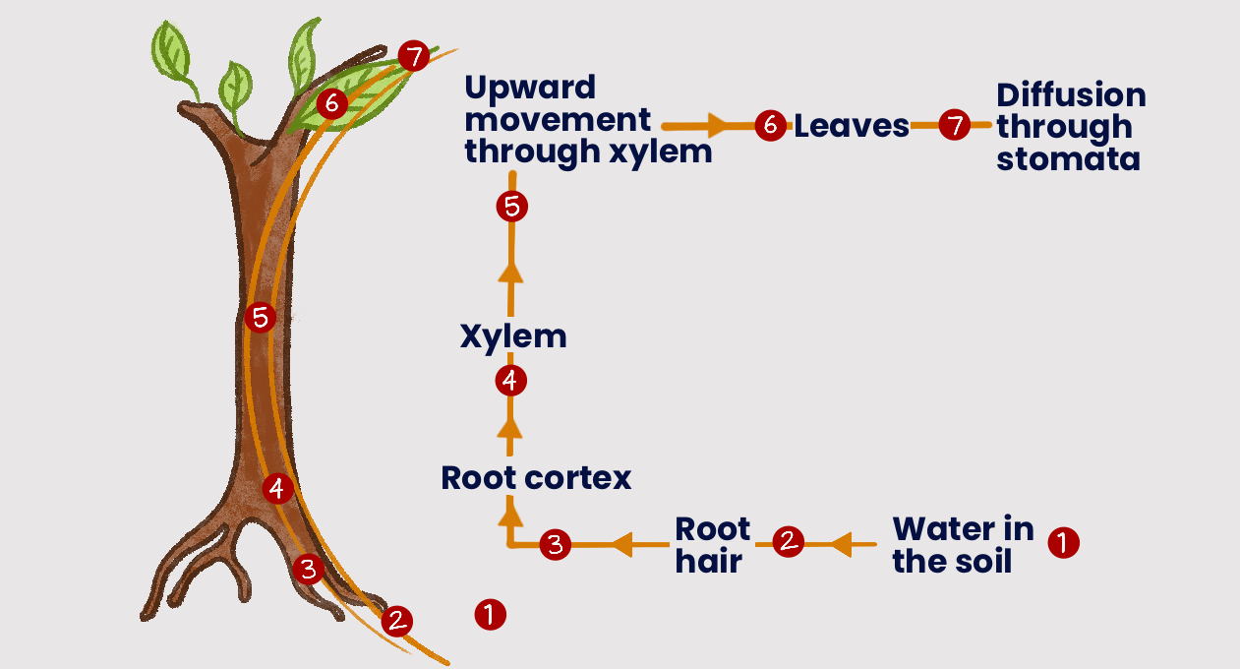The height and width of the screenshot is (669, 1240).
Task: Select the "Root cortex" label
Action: coord(536,478)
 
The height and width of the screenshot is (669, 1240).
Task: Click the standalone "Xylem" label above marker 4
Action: coord(513,336)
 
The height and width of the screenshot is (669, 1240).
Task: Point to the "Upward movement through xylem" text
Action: coord(587,120)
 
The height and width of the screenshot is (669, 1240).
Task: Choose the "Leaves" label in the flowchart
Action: coord(851,126)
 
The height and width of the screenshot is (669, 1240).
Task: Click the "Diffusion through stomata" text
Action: coord(1071,126)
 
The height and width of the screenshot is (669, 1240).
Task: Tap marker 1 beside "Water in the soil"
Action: coord(1063,542)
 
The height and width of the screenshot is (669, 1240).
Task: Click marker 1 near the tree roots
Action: coord(490,615)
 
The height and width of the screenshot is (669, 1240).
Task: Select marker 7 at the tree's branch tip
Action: coord(415,57)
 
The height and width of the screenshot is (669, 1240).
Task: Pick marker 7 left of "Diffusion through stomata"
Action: coord(954,126)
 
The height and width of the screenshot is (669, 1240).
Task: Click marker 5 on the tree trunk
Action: coord(260,318)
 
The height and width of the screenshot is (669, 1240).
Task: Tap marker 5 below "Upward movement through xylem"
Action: coord(512,207)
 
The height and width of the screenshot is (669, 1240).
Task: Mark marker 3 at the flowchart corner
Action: coord(555,544)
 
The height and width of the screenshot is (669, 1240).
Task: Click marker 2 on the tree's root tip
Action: coord(396,621)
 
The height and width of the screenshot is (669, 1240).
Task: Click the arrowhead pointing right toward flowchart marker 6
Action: coord(716,126)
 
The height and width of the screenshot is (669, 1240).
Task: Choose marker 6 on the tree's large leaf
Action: coord(331,103)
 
